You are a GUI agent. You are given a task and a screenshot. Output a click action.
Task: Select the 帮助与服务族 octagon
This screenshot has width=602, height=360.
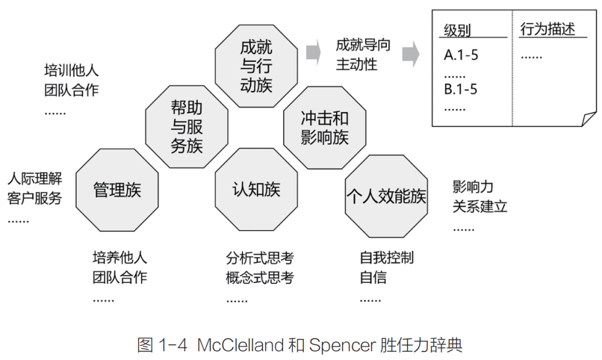click(186, 127)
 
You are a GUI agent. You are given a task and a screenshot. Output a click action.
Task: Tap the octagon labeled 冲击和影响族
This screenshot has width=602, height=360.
click(324, 127)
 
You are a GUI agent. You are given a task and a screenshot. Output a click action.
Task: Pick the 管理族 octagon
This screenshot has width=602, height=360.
click(116, 189)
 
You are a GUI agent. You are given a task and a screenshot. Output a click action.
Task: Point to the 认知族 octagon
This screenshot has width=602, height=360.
click(255, 189)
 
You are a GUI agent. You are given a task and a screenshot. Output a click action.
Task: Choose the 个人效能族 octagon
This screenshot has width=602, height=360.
click(386, 196)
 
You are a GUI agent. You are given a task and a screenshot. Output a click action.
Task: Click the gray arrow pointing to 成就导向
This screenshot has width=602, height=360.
click(314, 51)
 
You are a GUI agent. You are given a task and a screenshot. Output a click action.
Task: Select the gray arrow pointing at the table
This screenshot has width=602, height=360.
click(411, 54)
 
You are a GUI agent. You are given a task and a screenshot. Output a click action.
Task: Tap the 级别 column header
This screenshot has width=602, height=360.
click(457, 30)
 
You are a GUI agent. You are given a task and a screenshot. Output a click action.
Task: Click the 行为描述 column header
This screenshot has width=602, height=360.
click(547, 29)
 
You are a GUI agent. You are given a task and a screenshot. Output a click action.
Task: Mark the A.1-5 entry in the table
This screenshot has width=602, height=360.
click(461, 55)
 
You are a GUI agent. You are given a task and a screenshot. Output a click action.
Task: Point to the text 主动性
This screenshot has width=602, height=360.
click(356, 64)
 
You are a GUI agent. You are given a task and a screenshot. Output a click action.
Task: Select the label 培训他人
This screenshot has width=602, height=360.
click(71, 71)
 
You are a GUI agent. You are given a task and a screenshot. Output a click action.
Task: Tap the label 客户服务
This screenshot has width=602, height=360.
click(35, 198)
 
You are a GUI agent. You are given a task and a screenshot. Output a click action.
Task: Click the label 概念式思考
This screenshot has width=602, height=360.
click(260, 277)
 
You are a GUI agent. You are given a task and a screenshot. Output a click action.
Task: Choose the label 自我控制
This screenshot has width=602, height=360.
click(387, 258)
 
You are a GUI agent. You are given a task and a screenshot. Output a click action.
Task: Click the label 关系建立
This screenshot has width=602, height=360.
click(480, 207)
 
